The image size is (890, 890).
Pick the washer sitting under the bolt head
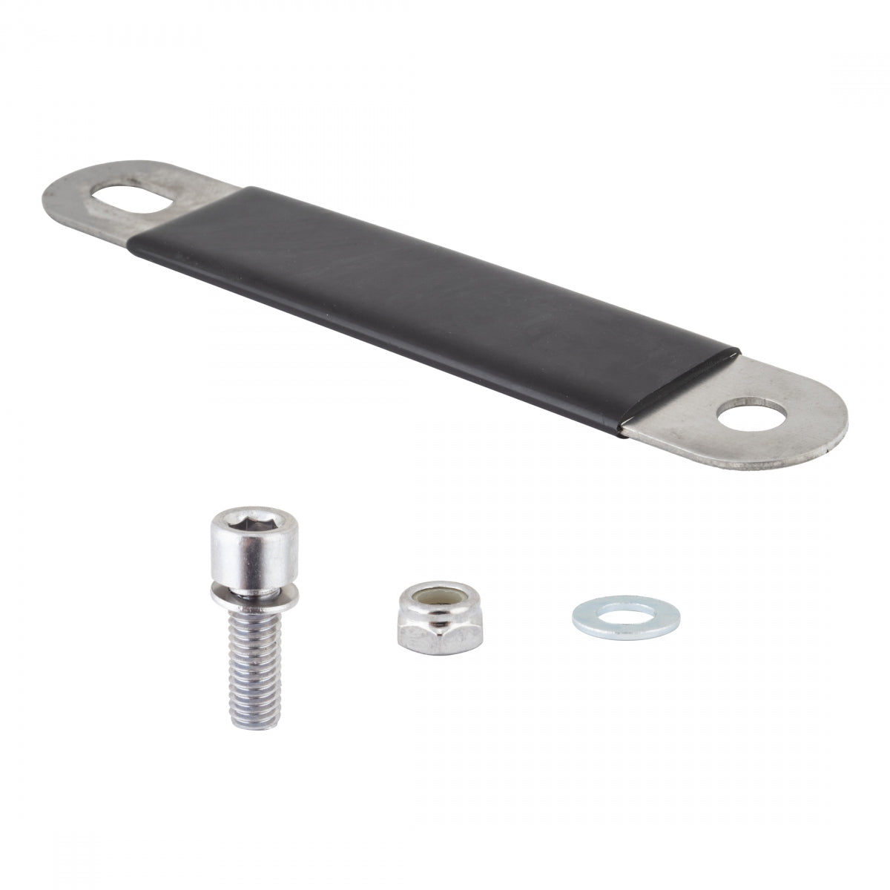[x=253, y=592]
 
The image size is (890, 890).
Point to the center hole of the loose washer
[x=626, y=614]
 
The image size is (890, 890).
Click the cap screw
[x=254, y=593]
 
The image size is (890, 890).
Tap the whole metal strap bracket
[x=438, y=304]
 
